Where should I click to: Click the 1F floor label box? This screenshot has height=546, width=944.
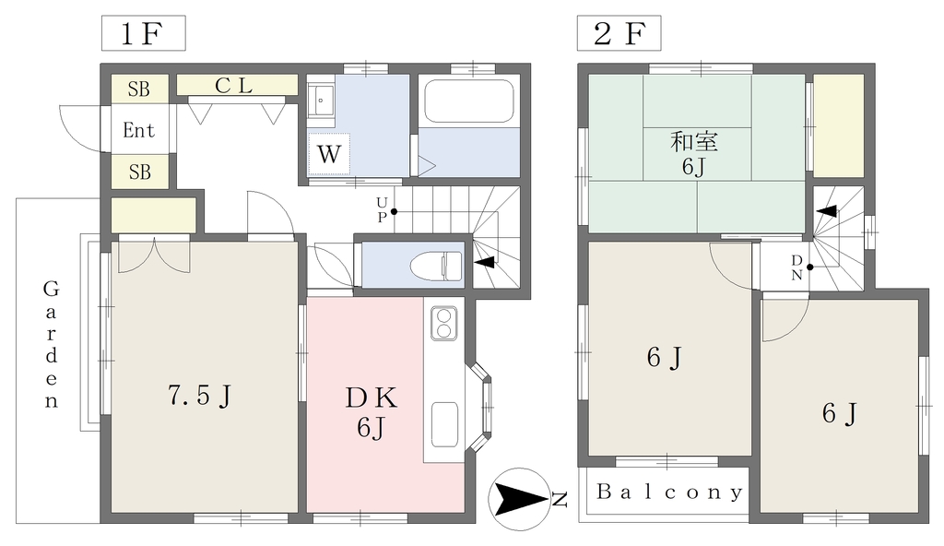(x=143, y=33)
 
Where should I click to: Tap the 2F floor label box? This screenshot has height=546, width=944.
(x=619, y=33)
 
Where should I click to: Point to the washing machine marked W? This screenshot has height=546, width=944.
(x=329, y=154)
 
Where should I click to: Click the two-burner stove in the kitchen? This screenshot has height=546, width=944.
(x=444, y=323)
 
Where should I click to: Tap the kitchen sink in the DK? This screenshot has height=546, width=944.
(x=444, y=424)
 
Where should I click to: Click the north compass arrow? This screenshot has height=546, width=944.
(x=520, y=499)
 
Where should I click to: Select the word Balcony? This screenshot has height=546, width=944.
(x=669, y=493)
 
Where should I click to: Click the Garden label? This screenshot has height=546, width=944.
(x=52, y=345)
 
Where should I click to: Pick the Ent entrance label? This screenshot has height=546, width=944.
(x=138, y=129)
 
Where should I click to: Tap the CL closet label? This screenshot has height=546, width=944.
(x=233, y=86)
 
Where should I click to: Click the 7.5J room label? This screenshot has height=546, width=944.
(x=200, y=396)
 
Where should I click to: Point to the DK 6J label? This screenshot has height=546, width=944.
(x=371, y=411)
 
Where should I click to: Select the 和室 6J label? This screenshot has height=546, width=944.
(x=694, y=154)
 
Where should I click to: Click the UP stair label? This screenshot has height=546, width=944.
(x=382, y=209)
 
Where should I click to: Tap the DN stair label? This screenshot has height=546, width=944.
(x=796, y=267)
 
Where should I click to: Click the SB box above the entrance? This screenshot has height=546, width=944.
(x=138, y=89)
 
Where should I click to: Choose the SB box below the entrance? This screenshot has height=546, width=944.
(x=140, y=172)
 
